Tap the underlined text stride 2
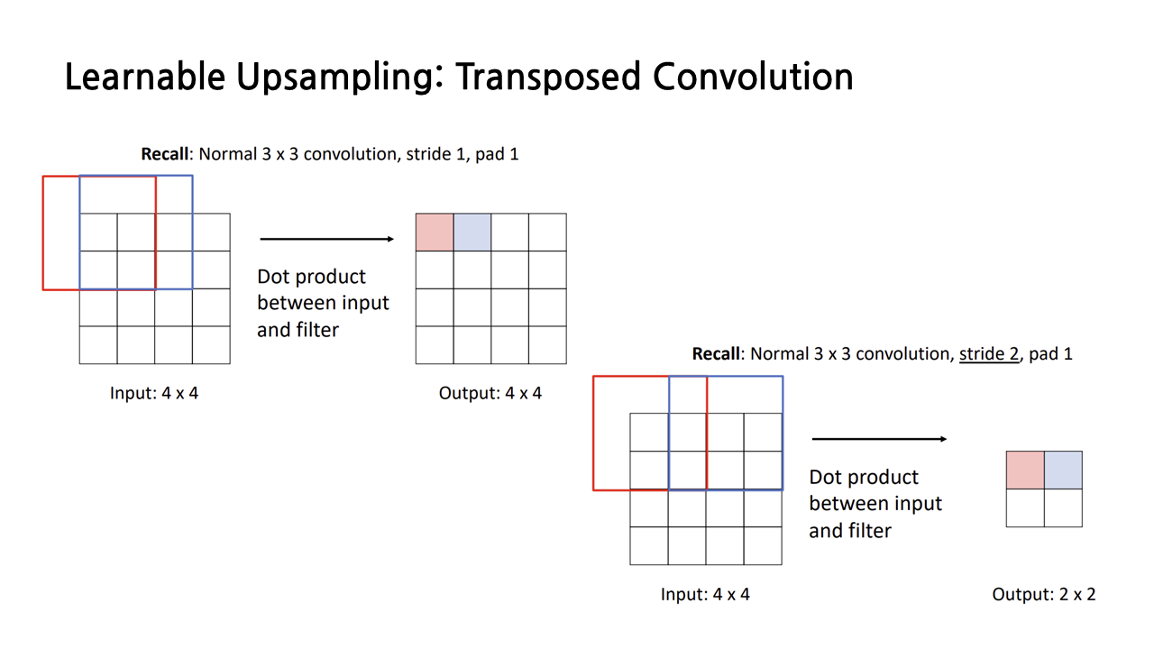989,354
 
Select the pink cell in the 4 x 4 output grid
435,233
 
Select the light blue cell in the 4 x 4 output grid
472,233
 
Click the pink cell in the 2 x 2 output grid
1025,471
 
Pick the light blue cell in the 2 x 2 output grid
1063,471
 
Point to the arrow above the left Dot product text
326,239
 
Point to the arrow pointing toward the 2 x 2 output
879,439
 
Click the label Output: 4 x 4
490,394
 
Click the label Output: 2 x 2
1044,595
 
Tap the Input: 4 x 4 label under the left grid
154,394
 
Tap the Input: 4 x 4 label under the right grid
705,595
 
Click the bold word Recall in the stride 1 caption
167,154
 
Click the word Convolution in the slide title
753,78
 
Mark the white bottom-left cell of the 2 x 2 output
1025,508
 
